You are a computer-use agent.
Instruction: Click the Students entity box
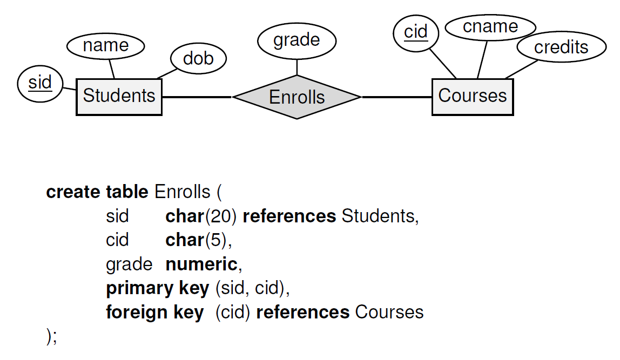[x=119, y=97]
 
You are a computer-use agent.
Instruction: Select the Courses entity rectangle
[x=473, y=97]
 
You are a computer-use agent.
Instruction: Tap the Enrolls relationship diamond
[x=296, y=97]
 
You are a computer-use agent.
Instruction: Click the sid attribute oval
[x=40, y=83]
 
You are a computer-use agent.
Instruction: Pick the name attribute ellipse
[x=105, y=46]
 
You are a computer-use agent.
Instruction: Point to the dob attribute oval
[x=198, y=58]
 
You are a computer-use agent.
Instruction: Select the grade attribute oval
[x=296, y=40]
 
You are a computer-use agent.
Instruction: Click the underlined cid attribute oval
[x=416, y=32]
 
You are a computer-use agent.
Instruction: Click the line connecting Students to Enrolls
[x=197, y=97]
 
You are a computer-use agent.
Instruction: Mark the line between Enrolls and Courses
[x=397, y=97]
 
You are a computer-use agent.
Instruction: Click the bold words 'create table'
[x=97, y=192]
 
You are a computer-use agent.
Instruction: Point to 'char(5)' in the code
[x=198, y=240]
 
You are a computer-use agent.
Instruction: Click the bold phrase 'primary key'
[x=157, y=288]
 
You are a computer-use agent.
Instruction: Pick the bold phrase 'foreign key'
[x=155, y=312]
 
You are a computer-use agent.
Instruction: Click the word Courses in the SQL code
[x=389, y=312]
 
